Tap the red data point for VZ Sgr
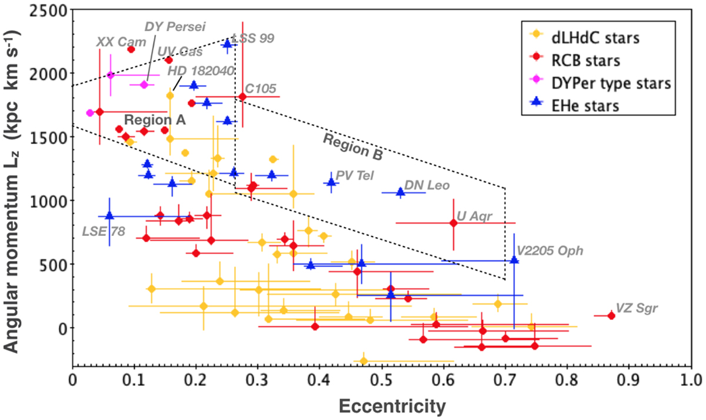[611, 316]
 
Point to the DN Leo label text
[427, 186]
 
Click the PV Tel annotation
[355, 175]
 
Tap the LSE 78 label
[103, 231]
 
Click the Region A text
[147, 118]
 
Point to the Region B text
[353, 146]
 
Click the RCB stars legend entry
[598, 61]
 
